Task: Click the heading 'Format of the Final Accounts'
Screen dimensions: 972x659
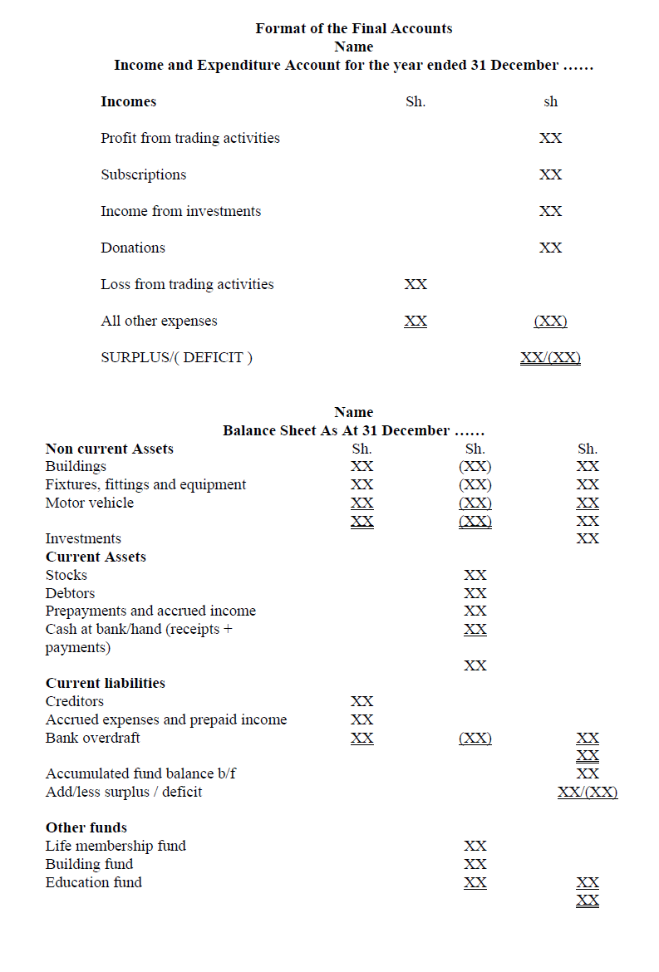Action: pyautogui.click(x=354, y=28)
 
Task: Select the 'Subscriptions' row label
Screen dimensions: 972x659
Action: pyautogui.click(x=144, y=174)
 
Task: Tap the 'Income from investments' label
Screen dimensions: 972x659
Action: pyautogui.click(x=181, y=211)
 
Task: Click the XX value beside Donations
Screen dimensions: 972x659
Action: pyautogui.click(x=550, y=248)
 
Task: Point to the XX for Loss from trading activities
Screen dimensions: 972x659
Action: pyautogui.click(x=416, y=284)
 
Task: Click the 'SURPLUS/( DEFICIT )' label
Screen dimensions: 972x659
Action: pyautogui.click(x=177, y=357)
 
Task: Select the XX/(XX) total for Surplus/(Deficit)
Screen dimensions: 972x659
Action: pyautogui.click(x=550, y=358)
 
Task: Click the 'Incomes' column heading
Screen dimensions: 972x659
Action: pyautogui.click(x=129, y=101)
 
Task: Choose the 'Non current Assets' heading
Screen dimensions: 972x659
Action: pyautogui.click(x=110, y=449)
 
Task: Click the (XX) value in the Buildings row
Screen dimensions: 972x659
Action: pyautogui.click(x=475, y=466)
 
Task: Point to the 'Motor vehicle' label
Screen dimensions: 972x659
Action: pyautogui.click(x=90, y=503)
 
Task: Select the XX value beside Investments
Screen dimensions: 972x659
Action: pyautogui.click(x=588, y=538)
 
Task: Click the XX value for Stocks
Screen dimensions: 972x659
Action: pyautogui.click(x=475, y=575)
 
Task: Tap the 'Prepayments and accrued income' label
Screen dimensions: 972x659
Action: pyautogui.click(x=150, y=611)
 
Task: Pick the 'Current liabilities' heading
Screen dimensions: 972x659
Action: pyautogui.click(x=106, y=683)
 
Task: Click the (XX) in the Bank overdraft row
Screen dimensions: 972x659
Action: pyautogui.click(x=475, y=738)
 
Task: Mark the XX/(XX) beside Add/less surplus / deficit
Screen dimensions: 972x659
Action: pyautogui.click(x=588, y=792)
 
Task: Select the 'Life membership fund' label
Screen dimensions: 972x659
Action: pyautogui.click(x=116, y=846)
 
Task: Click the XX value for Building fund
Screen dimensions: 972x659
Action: pyautogui.click(x=475, y=864)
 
